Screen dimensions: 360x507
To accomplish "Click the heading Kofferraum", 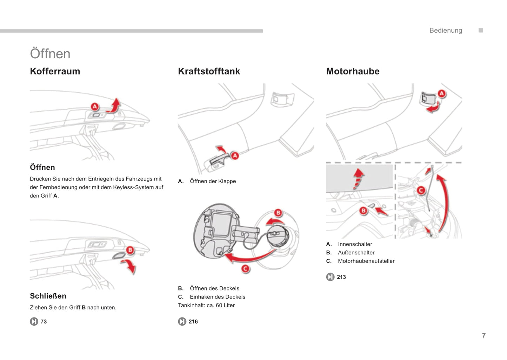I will [x=55, y=71].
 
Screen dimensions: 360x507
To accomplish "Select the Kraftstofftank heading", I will [x=209, y=71].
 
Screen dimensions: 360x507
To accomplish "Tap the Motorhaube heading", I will [x=353, y=71].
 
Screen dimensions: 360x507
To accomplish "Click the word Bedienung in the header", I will [x=446, y=31].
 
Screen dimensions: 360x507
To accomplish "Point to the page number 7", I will [x=484, y=335].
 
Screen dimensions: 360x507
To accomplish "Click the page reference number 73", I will [x=44, y=321].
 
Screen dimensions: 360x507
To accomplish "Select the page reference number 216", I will [x=193, y=321].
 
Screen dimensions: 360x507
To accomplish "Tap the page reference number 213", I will [x=341, y=277].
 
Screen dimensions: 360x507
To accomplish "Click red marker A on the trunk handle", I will [x=95, y=106].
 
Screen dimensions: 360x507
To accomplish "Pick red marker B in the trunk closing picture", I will [x=130, y=250].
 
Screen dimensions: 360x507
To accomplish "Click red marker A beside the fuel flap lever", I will [x=235, y=155].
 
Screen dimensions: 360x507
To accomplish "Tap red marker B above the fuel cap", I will [x=278, y=213].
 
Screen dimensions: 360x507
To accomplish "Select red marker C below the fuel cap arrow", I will [x=245, y=269].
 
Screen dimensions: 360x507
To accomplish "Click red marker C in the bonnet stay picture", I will [x=421, y=191].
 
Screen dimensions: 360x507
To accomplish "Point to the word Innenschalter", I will [x=355, y=244].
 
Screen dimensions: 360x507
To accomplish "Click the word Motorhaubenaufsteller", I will [x=366, y=261].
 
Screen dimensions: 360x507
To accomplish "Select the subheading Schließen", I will [x=48, y=296].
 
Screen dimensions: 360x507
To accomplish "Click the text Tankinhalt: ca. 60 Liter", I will [x=206, y=305].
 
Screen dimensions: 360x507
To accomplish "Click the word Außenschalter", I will [x=356, y=253].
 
